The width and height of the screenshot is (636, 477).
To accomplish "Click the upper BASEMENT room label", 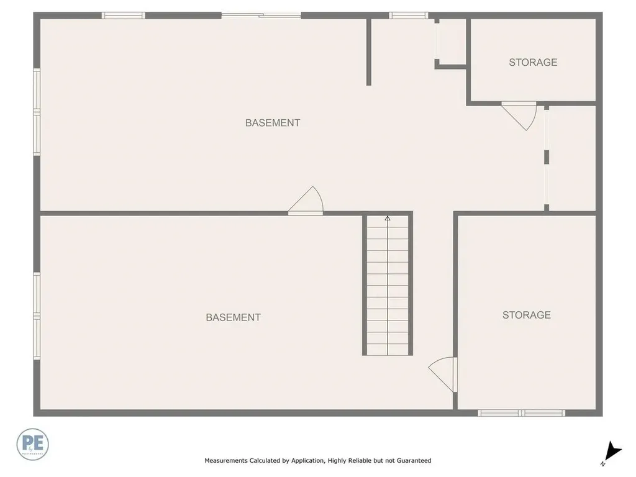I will pyautogui.click(x=273, y=123).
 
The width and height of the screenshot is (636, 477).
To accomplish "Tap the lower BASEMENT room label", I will pyautogui.click(x=233, y=317).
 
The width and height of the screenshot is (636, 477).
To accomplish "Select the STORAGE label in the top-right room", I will pyautogui.click(x=533, y=62).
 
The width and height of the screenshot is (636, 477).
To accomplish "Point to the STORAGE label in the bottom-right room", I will pyautogui.click(x=526, y=315).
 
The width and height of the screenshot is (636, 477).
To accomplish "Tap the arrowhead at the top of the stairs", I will pyautogui.click(x=388, y=218).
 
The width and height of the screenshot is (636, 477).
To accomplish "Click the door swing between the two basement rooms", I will pyautogui.click(x=307, y=202).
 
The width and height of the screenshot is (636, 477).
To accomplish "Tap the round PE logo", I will pyautogui.click(x=32, y=444).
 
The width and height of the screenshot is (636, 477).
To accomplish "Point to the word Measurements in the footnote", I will pyautogui.click(x=226, y=461).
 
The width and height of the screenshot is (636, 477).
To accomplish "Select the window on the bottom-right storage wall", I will pyautogui.click(x=521, y=412).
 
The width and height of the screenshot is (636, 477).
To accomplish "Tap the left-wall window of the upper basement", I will pyautogui.click(x=37, y=112).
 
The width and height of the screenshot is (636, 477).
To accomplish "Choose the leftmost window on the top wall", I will pyautogui.click(x=124, y=16).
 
